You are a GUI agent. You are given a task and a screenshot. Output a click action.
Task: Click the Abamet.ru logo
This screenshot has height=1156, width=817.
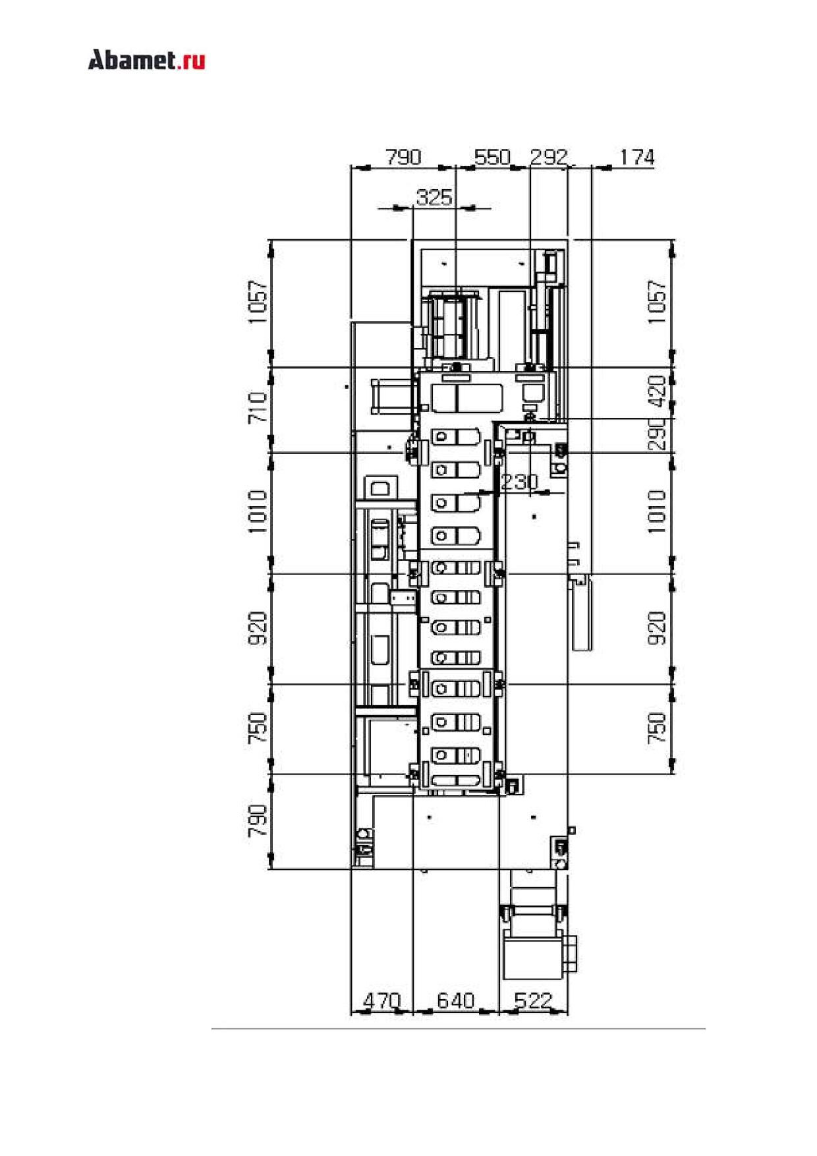click(x=146, y=60)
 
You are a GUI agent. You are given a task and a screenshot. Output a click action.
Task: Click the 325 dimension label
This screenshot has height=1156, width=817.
click(x=434, y=197)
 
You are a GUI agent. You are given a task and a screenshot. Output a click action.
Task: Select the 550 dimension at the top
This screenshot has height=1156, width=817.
click(x=493, y=157)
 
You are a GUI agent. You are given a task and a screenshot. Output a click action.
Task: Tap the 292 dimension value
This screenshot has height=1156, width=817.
click(x=549, y=157)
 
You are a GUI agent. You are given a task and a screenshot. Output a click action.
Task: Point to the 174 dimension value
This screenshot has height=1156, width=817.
click(x=637, y=157)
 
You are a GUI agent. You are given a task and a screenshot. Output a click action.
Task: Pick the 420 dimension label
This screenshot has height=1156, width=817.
click(x=657, y=391)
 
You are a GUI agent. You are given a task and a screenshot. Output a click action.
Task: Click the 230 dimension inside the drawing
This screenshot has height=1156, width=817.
click(x=519, y=482)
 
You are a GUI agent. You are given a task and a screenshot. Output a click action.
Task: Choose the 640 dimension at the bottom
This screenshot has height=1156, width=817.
click(x=456, y=1000)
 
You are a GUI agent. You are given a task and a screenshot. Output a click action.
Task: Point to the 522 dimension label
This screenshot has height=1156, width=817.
click(x=532, y=1000)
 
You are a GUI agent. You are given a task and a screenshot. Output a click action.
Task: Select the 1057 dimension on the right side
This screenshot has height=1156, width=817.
click(x=657, y=303)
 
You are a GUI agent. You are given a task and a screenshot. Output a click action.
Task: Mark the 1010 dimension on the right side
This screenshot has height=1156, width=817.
click(x=657, y=511)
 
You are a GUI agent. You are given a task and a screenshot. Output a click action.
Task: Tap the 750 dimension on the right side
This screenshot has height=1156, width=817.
click(x=657, y=728)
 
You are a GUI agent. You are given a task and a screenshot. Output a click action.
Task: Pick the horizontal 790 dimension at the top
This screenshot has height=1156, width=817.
click(x=403, y=157)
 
